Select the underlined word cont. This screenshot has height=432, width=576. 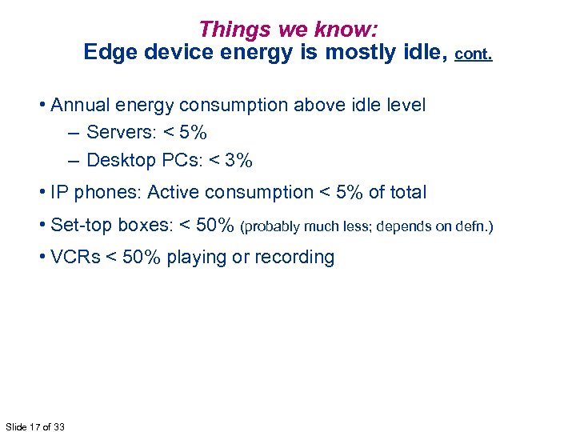coord(474,54)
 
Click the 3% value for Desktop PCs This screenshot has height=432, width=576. coord(238,160)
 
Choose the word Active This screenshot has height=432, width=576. coord(174,193)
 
